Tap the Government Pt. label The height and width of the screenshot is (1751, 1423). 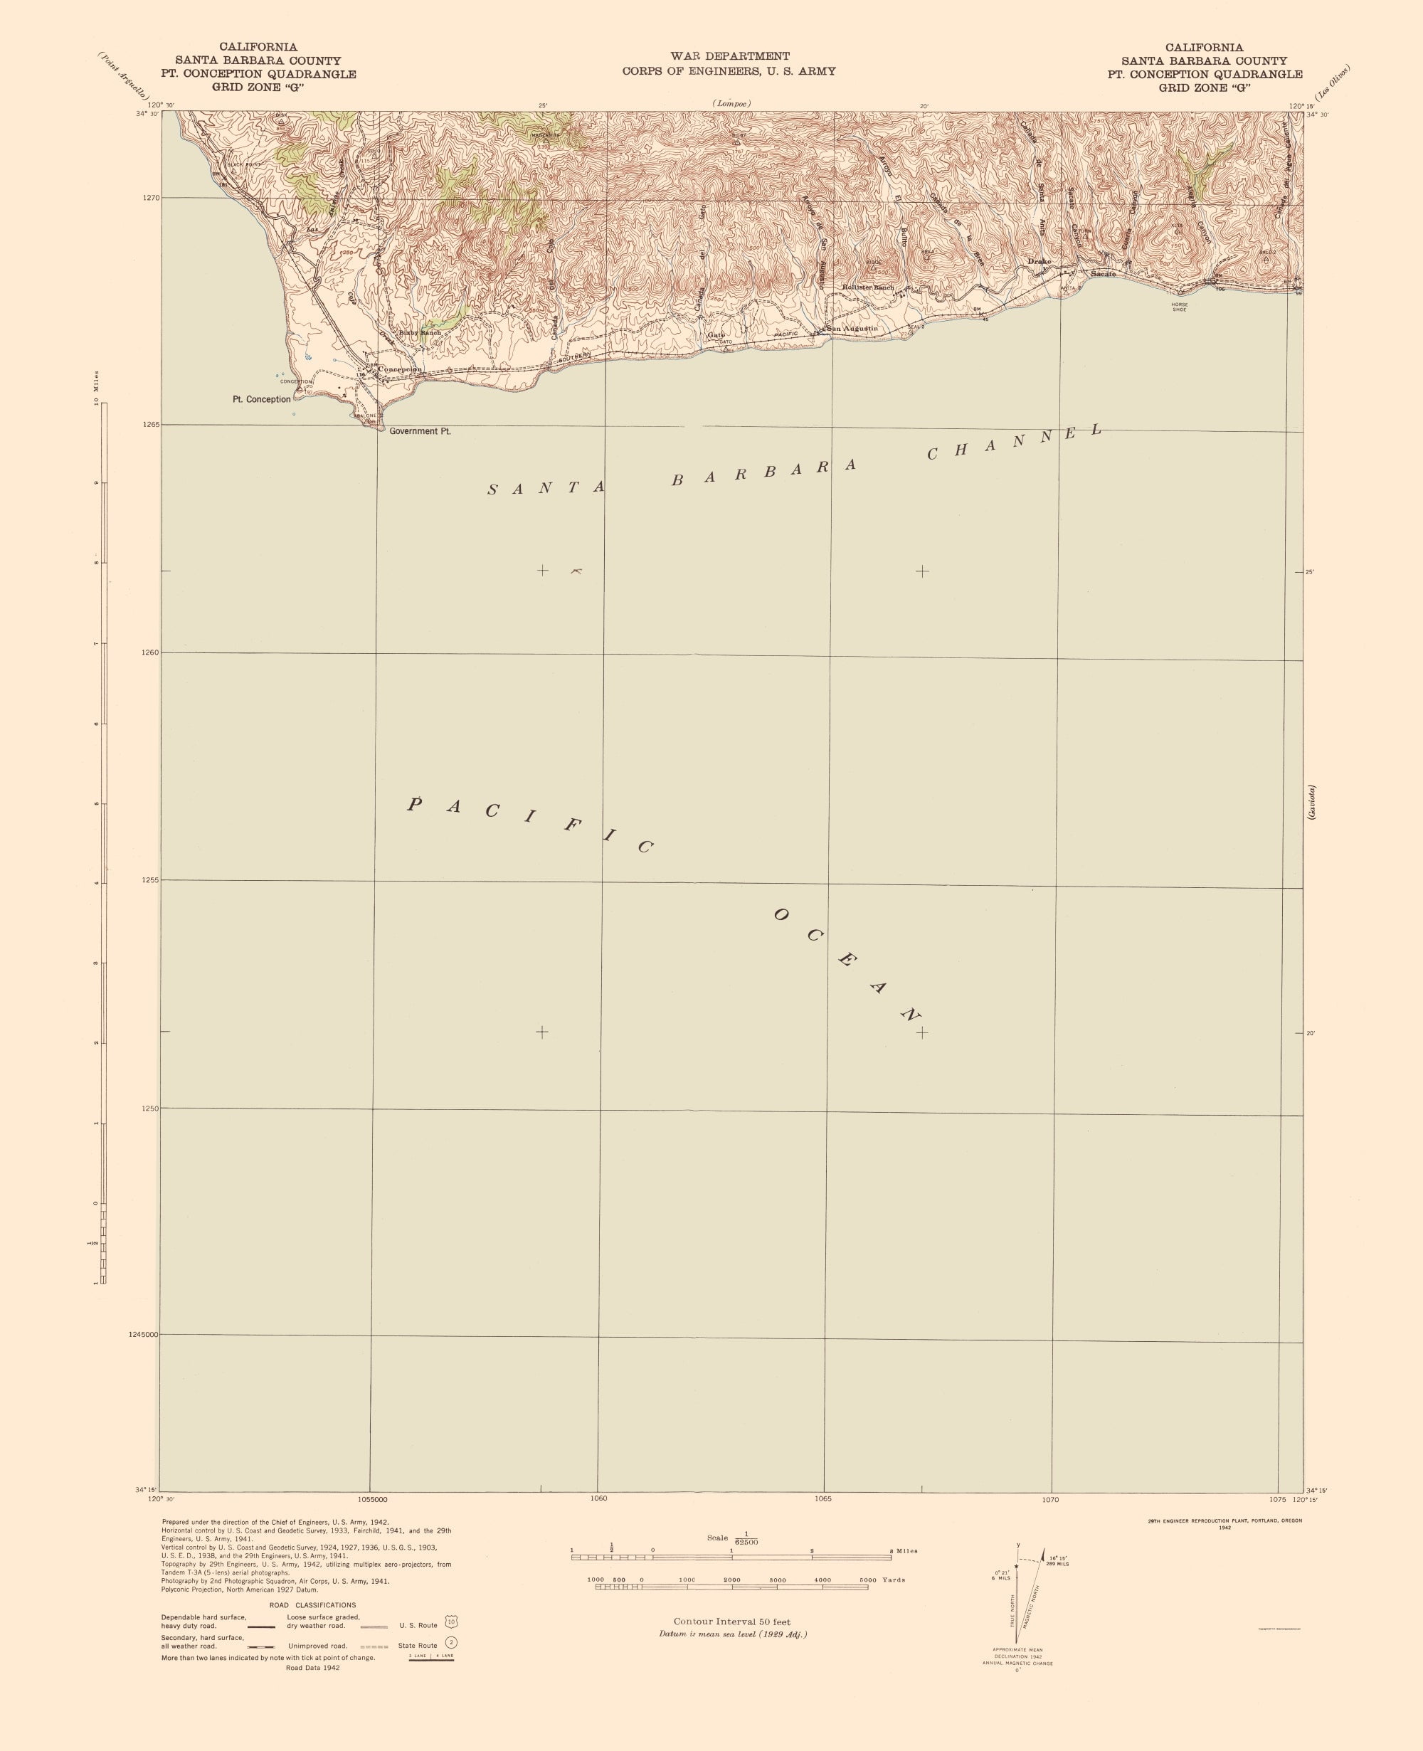tap(420, 431)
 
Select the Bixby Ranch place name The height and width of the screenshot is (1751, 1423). tap(420, 333)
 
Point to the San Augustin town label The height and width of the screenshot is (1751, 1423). tap(852, 329)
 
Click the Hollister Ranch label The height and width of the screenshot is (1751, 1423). tap(868, 287)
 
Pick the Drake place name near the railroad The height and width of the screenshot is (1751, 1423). tap(1039, 262)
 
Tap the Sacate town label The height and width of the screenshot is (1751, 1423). tap(1103, 274)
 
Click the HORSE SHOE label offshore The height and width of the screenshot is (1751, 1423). tap(1179, 307)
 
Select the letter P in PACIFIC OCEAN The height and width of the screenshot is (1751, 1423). tap(415, 803)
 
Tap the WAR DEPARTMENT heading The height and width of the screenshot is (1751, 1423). tap(729, 55)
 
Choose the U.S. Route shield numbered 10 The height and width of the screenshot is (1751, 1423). tap(451, 1622)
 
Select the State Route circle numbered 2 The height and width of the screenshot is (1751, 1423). tap(451, 1643)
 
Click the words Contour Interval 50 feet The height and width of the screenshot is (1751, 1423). tap(732, 1622)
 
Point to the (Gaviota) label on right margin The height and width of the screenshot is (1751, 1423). tap(1312, 803)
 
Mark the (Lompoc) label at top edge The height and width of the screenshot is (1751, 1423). tap(731, 104)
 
